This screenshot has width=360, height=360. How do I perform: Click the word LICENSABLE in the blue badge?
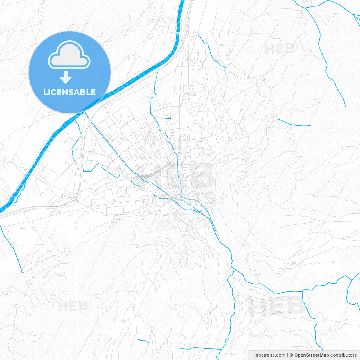coord(69,92)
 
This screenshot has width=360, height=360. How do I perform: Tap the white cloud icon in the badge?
coord(69,55)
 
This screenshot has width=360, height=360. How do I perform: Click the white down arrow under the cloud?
coord(66,77)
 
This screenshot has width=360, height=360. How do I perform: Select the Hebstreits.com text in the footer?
coord(269,355)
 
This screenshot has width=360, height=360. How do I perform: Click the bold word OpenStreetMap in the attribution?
coord(311,355)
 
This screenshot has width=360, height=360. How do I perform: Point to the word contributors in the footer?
coord(343,355)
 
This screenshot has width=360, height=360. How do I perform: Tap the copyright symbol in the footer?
coord(291,355)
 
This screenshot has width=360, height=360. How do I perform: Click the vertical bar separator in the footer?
coord(287,355)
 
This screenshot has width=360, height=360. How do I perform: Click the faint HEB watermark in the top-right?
coord(280,49)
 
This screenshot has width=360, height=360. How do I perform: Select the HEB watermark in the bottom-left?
coord(73,306)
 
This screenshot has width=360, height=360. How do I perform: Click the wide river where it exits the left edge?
coord(2,210)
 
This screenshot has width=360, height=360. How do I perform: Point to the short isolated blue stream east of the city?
coord(294,124)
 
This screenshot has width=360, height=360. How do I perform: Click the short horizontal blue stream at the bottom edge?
coord(200,349)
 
